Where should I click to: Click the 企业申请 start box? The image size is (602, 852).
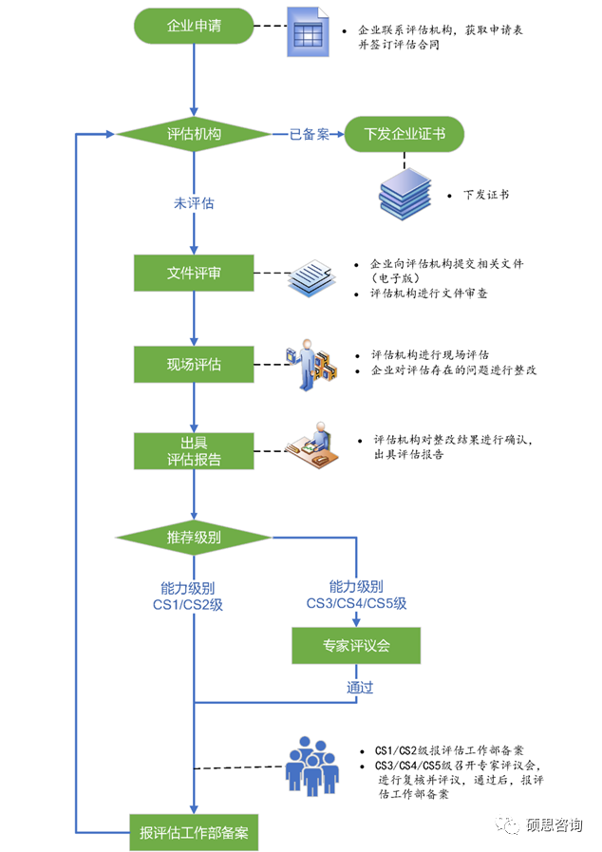194,27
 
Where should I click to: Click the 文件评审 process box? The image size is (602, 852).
194,274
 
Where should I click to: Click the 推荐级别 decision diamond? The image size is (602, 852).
194,539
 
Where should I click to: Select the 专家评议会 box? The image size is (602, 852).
355,646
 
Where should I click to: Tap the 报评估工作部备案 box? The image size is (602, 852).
194,832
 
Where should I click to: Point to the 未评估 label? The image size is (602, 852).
194,203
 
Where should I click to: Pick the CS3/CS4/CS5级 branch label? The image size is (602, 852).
356,596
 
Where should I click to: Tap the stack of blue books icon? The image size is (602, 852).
404,192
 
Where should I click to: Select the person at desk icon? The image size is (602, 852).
313,447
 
